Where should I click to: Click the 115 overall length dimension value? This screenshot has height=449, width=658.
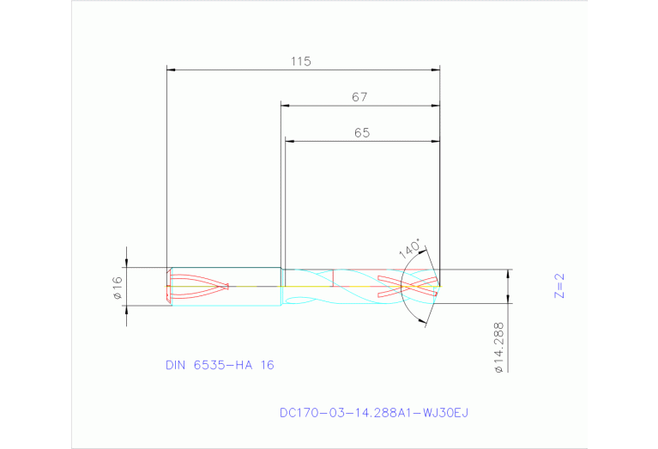coord(300,61)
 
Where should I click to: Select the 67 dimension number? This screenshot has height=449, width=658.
coord(359,97)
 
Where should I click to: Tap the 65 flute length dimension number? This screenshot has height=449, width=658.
coord(361,133)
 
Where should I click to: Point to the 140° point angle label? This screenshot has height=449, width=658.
coord(411,250)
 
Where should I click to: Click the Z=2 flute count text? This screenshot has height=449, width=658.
coord(558,285)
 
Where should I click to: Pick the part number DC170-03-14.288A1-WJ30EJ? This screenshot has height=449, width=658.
coord(374,413)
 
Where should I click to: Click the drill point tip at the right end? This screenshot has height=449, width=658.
coord(439,284)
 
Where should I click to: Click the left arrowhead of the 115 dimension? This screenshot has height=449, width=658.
coord(171,70)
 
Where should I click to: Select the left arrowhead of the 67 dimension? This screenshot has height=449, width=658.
coord(286,106)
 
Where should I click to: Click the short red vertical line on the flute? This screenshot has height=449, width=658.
coord(333,277)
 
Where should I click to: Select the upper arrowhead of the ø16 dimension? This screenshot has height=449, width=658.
coord(127,264)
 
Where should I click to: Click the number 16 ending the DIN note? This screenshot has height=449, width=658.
coord(267,365)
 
